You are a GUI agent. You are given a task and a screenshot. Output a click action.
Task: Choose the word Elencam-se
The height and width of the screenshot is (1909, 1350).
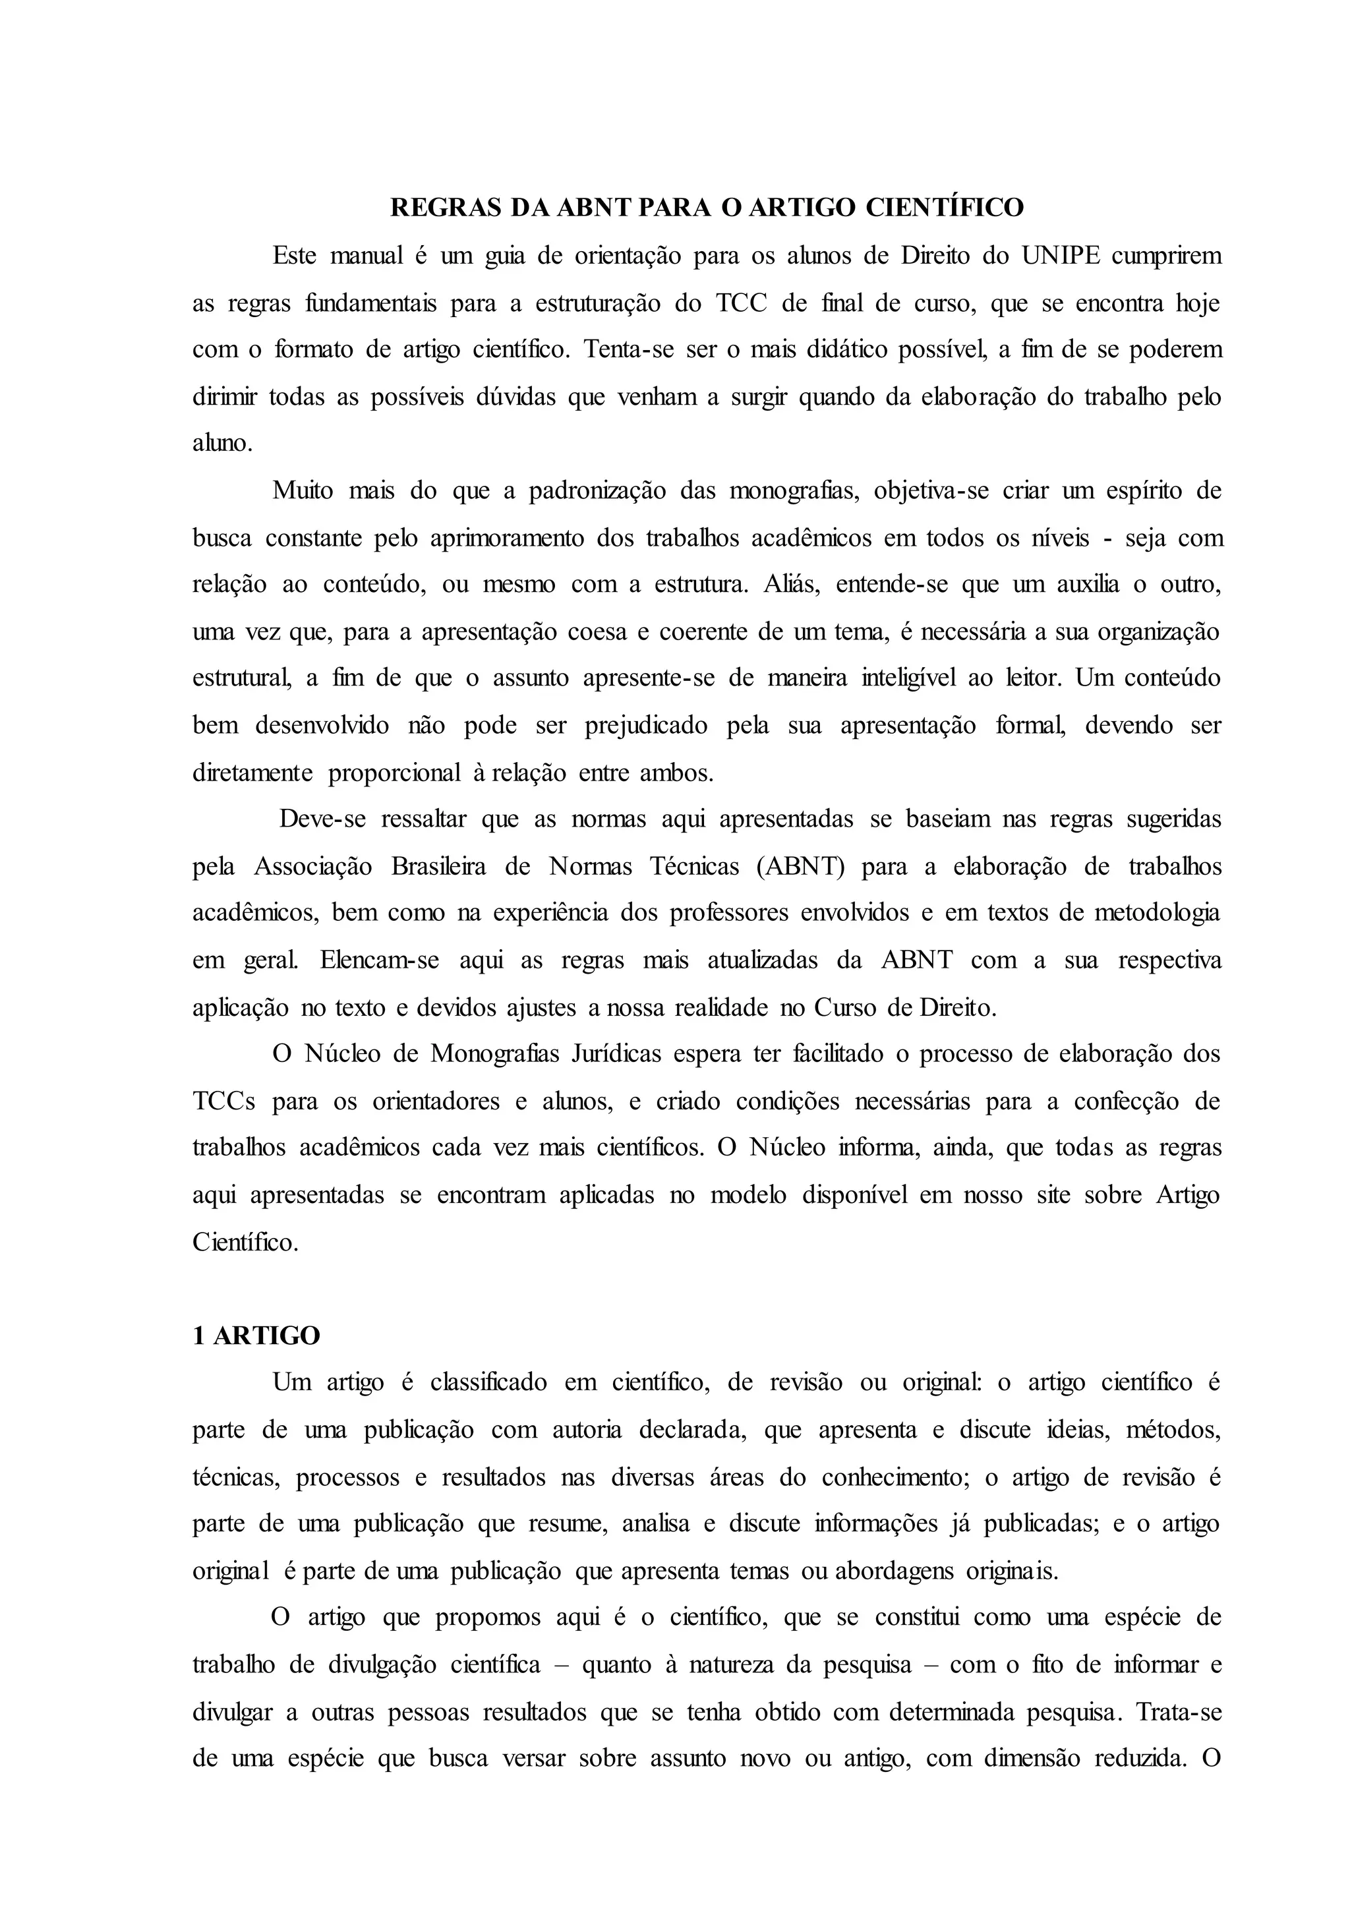tap(380, 960)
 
